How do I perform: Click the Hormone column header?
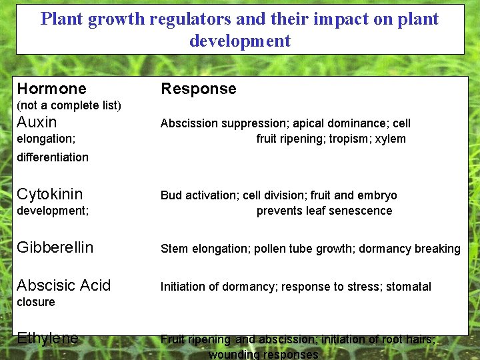(x=51, y=89)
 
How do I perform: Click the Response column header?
(x=198, y=89)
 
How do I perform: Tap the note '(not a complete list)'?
(x=69, y=105)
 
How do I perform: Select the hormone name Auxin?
(x=37, y=122)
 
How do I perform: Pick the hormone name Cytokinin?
(x=49, y=194)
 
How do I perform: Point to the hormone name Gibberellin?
(x=55, y=247)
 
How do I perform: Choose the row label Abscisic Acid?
(x=63, y=285)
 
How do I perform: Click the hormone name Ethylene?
(x=47, y=338)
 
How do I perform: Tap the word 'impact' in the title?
(x=339, y=19)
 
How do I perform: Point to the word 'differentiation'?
(x=53, y=157)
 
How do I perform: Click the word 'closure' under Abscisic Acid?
(x=36, y=302)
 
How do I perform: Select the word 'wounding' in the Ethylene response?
(x=233, y=354)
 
